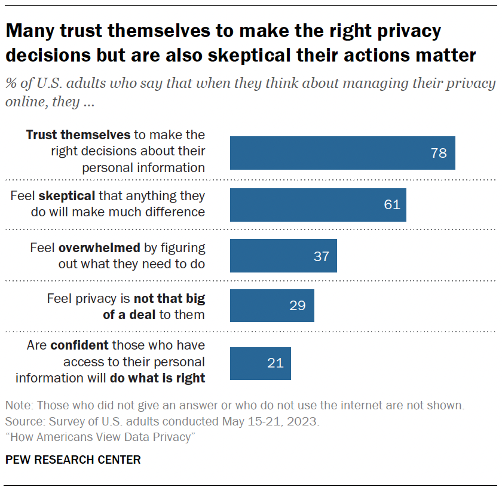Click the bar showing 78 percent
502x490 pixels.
coord(342,153)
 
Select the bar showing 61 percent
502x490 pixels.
coord(318,204)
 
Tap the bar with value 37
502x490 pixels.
coord(283,256)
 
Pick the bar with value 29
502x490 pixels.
coord(272,305)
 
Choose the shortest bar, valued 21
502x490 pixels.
coord(261,363)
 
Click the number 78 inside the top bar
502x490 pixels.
coord(438,153)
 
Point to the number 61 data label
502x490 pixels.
coord(391,204)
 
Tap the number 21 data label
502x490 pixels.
coord(276,363)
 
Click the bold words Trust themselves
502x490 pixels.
coord(78,135)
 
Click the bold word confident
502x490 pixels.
coord(79,345)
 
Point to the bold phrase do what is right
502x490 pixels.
coord(158,378)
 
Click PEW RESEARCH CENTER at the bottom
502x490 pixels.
coord(74,460)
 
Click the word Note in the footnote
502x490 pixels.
coord(18,406)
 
